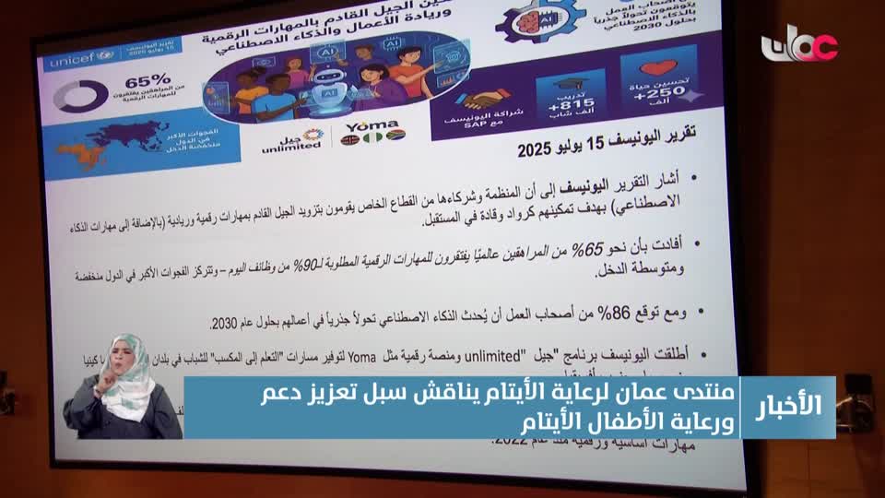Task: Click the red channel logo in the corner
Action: tap(799, 45)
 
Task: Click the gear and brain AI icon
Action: tap(527, 21)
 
